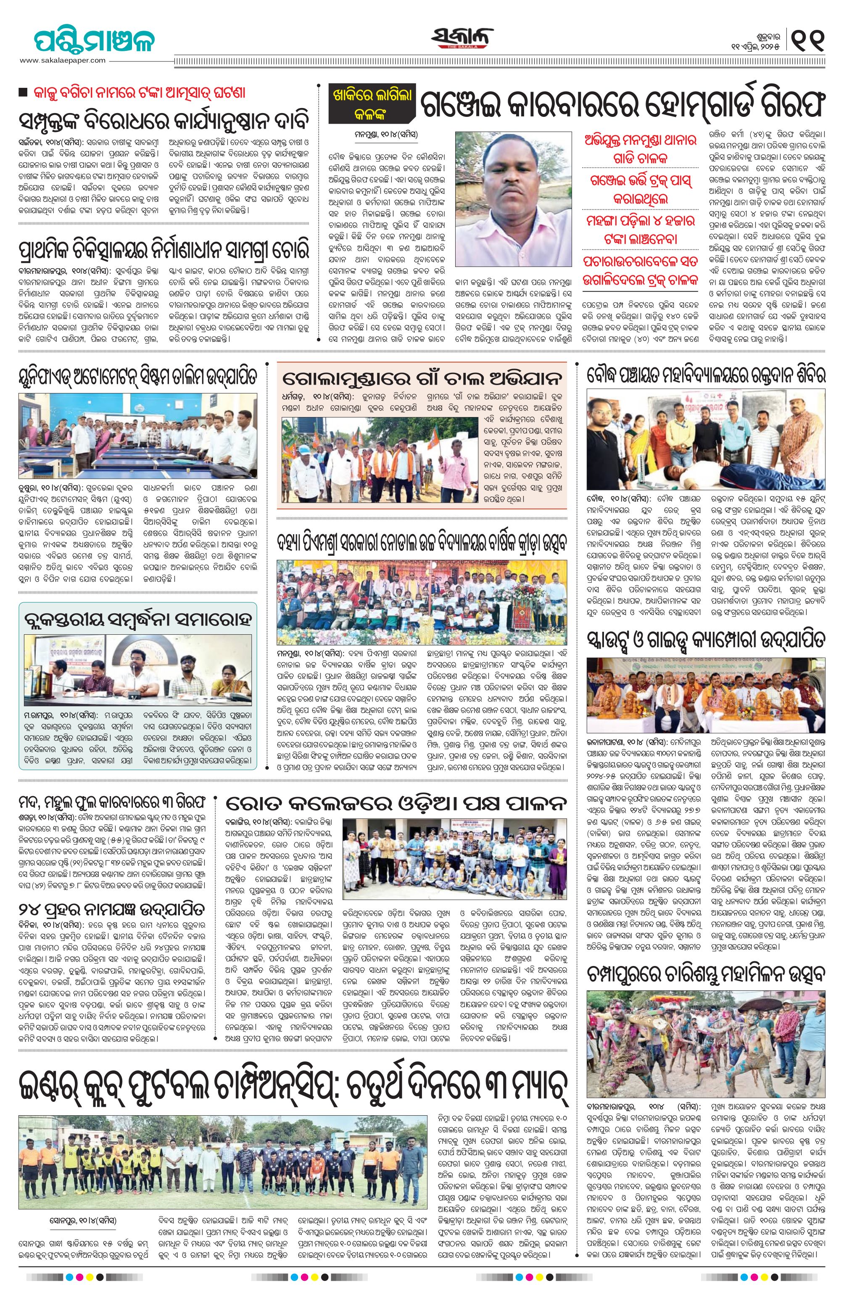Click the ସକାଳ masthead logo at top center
[x=463, y=39]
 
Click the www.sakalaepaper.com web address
[x=63, y=61]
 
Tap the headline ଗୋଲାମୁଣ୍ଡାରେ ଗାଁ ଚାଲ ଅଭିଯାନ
[x=422, y=377]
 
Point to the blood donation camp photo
[x=706, y=443]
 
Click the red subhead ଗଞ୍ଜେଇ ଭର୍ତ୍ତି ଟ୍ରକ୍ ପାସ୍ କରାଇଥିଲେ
[x=640, y=188]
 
